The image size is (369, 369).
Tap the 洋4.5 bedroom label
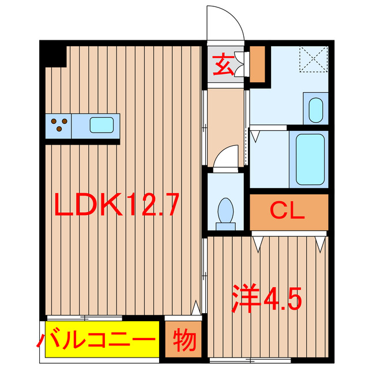[267, 298]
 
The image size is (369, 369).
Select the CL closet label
[288, 212]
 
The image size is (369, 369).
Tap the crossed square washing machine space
[313, 58]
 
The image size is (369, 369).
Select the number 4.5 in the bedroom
[282, 298]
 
